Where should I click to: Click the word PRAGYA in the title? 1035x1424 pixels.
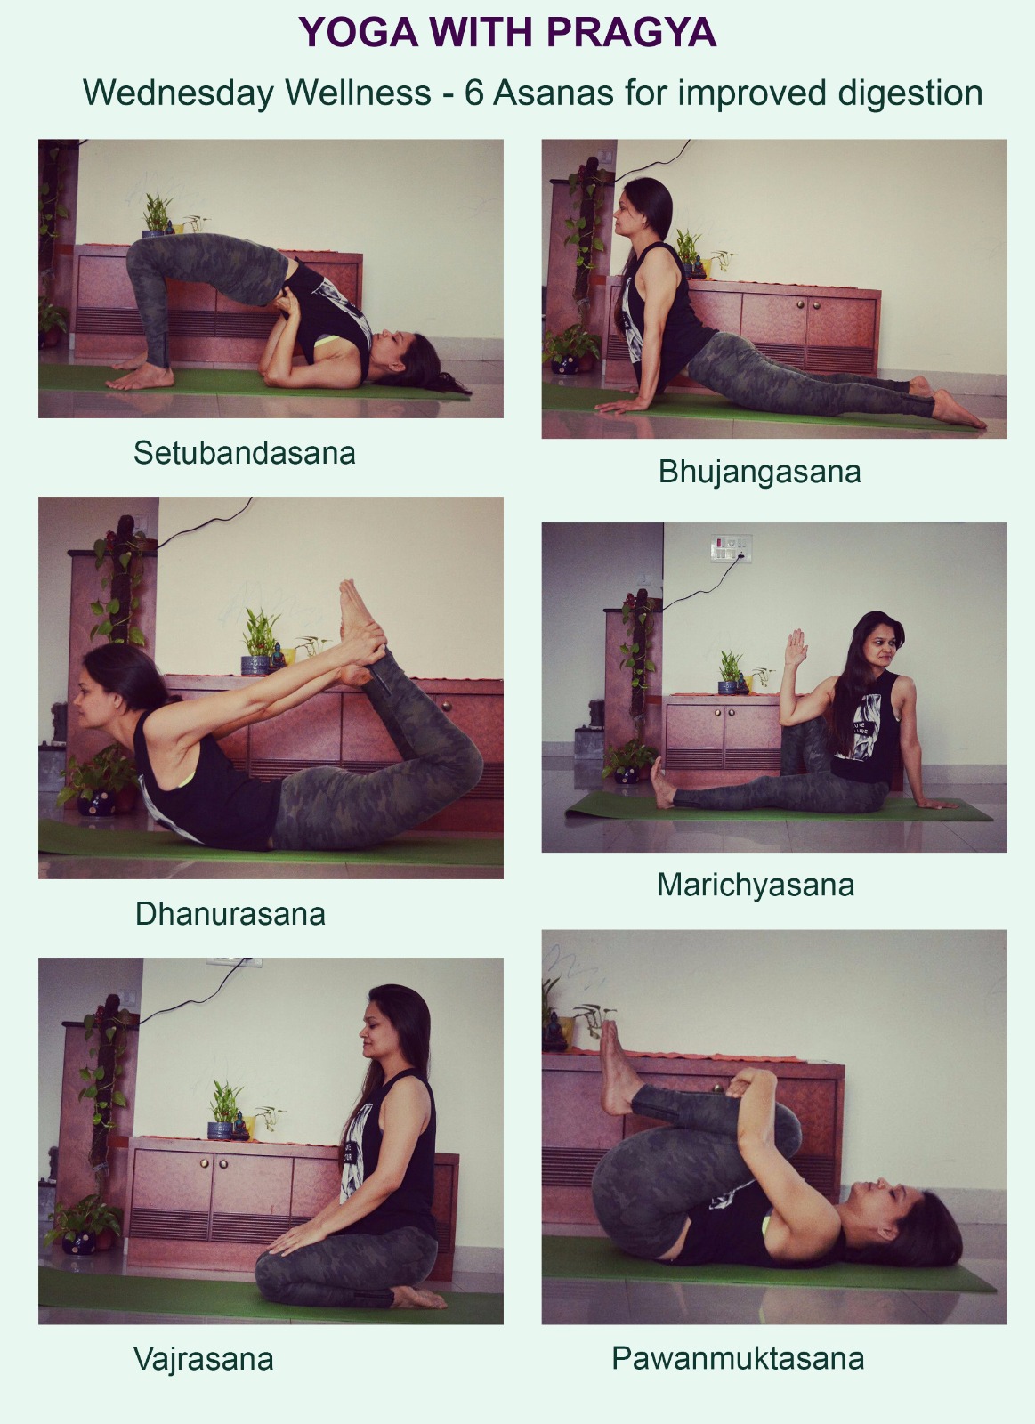coord(631,32)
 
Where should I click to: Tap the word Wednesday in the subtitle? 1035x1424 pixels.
coord(179,93)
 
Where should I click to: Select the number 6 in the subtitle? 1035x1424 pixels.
coord(473,93)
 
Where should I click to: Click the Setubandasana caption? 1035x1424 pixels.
coord(244,453)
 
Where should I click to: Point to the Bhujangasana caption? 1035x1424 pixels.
coord(759,473)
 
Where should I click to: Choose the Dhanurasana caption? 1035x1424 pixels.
coord(230,913)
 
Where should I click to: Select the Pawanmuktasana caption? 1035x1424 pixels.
coord(738,1358)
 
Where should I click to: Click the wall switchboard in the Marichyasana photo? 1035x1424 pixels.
coord(731,548)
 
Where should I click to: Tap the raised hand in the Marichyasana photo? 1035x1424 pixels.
coord(796,647)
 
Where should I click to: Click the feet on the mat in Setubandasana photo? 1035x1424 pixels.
coord(141,375)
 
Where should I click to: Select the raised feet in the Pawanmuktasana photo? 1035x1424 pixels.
coord(618,1069)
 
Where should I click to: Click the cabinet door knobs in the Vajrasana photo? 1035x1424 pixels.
coord(214,1163)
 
